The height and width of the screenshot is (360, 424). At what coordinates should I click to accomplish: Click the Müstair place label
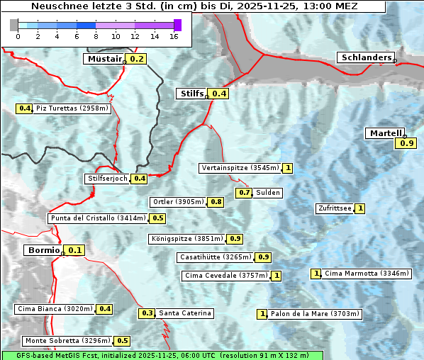[x=104, y=59]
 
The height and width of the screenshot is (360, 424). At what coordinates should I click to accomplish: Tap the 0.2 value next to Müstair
[x=136, y=59]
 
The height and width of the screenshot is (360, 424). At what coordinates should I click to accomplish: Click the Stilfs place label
[x=191, y=93]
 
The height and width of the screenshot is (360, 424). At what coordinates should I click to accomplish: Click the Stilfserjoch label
[x=108, y=179]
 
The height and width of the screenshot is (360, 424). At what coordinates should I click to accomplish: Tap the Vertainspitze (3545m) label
[x=240, y=168]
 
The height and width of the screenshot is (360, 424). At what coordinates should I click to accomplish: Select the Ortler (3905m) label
[x=179, y=202]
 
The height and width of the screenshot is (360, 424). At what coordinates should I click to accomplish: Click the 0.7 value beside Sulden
[x=245, y=193]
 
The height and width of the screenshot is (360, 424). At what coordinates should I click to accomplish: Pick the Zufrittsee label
[x=335, y=208]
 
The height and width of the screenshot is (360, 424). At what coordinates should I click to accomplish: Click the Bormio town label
[x=43, y=250]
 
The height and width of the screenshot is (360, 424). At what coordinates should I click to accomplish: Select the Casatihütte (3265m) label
[x=216, y=257]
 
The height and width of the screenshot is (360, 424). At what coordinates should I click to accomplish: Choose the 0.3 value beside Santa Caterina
[x=147, y=313]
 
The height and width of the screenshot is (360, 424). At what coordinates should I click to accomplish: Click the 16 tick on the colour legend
[x=174, y=36]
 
